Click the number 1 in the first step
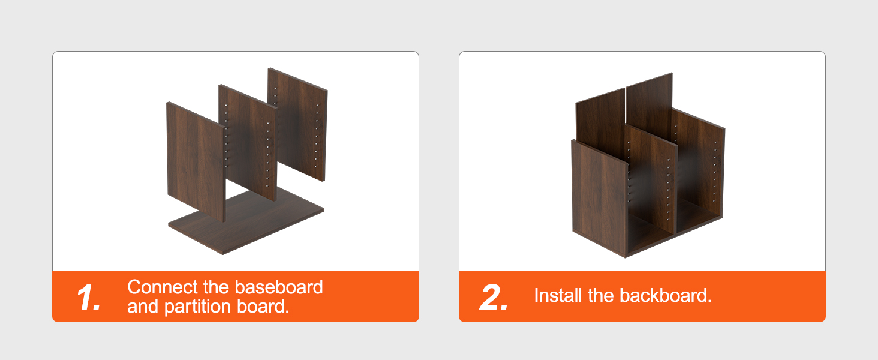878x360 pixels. click(88, 297)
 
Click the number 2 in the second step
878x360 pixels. click(494, 297)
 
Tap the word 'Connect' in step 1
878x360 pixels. click(163, 287)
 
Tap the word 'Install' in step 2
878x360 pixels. click(558, 295)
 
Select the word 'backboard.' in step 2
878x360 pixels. click(666, 295)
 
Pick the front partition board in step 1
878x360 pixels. click(196, 161)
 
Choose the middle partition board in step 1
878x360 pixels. click(248, 143)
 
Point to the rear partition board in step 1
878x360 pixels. click(298, 124)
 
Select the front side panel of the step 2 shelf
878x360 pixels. click(600, 198)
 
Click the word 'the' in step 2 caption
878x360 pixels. click(600, 295)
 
